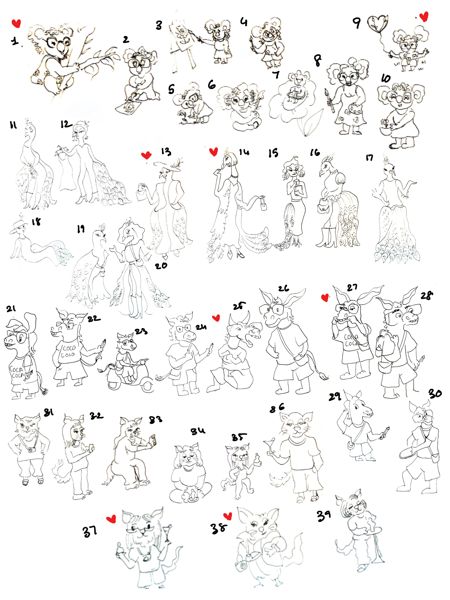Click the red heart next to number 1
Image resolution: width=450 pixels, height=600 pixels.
pyautogui.click(x=16, y=23)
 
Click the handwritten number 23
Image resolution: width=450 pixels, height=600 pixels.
pyautogui.click(x=141, y=332)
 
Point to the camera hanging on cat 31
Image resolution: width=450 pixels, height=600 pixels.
pyautogui.click(x=31, y=450)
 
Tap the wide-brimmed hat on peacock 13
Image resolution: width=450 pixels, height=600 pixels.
pyautogui.click(x=167, y=167)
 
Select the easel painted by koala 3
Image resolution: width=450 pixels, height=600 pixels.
pyautogui.click(x=182, y=46)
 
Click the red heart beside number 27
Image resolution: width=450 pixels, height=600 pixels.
pyautogui.click(x=325, y=298)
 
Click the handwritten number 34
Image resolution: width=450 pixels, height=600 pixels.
pyautogui.click(x=198, y=431)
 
